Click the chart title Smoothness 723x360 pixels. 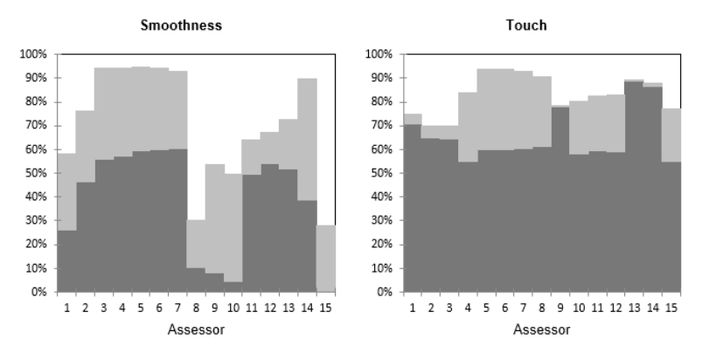coord(181,25)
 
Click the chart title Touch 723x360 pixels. coord(526,25)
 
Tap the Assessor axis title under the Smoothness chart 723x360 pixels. coord(197,329)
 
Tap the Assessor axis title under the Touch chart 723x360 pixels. coord(542,329)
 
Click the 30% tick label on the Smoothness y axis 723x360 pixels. coord(36,221)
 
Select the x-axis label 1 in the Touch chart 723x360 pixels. coord(411,307)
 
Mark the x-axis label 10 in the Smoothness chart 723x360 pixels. coord(233,307)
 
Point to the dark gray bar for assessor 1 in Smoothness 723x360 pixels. coord(66,262)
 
